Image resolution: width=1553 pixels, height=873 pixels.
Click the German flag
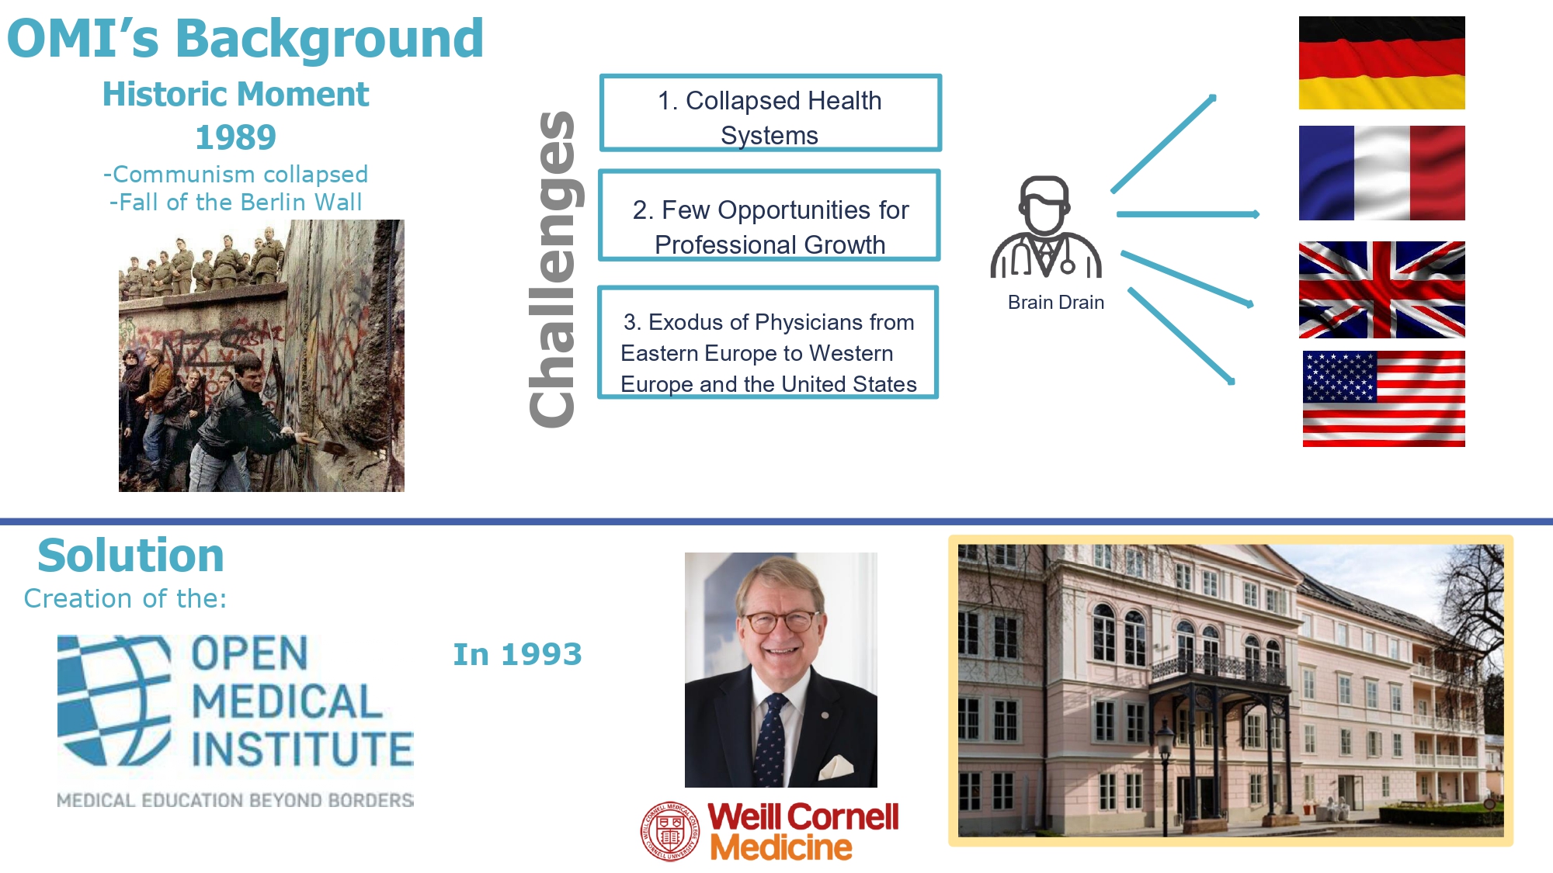click(1381, 63)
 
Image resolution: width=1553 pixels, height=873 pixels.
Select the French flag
click(1381, 173)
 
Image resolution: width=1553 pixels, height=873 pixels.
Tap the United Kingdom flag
click(1381, 289)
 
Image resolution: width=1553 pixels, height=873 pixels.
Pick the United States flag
click(1384, 399)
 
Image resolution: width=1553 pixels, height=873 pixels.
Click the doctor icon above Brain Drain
click(1045, 227)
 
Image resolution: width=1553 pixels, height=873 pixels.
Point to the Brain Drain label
click(1055, 302)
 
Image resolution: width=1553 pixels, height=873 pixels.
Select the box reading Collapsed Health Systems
click(770, 113)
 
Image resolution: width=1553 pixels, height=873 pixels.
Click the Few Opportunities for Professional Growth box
click(770, 216)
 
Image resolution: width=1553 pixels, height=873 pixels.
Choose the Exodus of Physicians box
click(768, 342)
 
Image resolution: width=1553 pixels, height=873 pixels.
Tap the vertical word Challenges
click(552, 268)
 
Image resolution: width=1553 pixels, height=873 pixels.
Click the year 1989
click(235, 137)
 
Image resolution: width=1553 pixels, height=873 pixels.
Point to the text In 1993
click(517, 654)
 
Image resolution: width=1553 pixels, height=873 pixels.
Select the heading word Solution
click(130, 556)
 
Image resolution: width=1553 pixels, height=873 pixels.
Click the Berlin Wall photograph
click(262, 355)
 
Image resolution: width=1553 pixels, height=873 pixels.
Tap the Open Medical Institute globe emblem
click(114, 701)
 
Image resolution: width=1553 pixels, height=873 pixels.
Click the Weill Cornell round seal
click(670, 832)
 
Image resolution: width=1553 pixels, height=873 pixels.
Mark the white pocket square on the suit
click(837, 767)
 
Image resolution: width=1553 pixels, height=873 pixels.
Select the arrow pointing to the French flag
click(1188, 214)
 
